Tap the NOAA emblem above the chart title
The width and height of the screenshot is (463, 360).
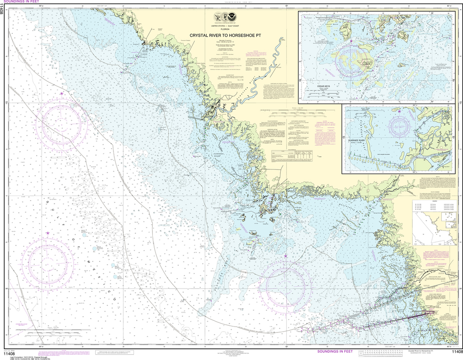click(x=232, y=17)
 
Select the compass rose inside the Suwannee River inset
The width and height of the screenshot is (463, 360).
click(x=401, y=125)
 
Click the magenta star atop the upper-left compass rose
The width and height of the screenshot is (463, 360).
click(x=61, y=94)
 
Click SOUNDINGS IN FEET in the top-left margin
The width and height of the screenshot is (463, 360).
click(x=20, y=2)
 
